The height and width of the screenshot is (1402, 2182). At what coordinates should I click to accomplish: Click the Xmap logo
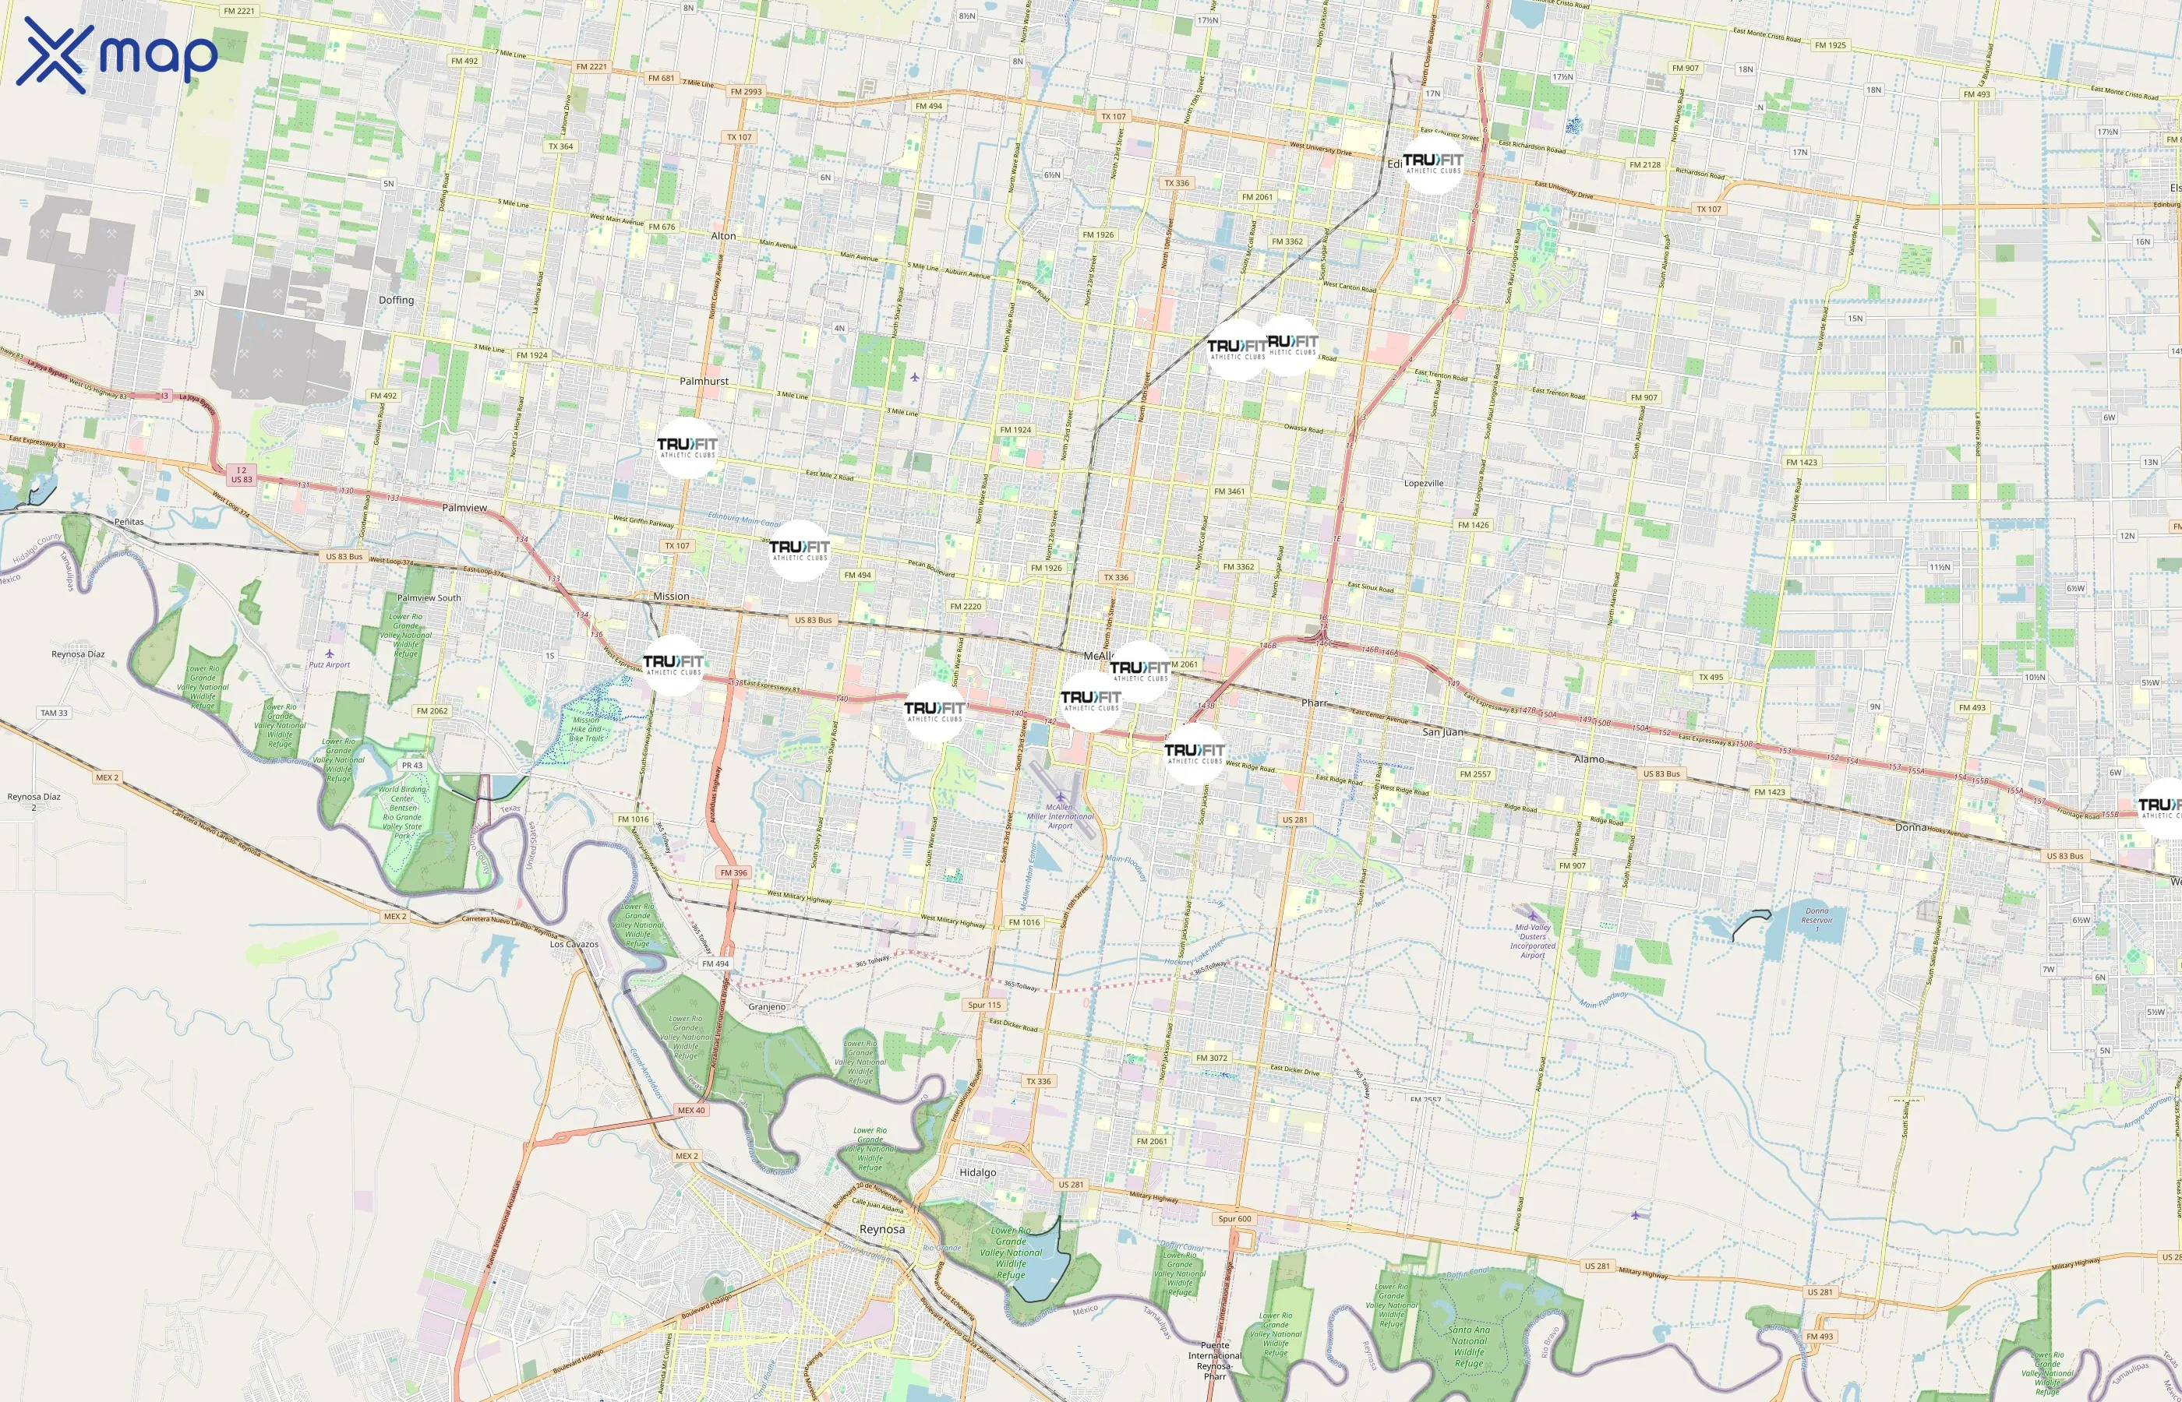(x=117, y=55)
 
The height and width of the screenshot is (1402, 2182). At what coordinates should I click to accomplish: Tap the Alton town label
(x=723, y=236)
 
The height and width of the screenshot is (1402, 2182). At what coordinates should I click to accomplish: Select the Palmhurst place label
(x=704, y=382)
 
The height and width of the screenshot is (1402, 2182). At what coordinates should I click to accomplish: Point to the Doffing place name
(x=396, y=301)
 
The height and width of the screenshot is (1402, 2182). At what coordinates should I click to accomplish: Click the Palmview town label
(x=464, y=508)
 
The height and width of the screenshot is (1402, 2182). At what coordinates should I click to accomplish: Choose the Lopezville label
(x=1424, y=484)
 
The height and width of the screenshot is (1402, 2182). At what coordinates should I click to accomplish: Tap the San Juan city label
(x=1443, y=732)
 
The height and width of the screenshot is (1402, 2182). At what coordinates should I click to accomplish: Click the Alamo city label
(x=1589, y=759)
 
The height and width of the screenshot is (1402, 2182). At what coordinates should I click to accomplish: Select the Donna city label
(x=1911, y=827)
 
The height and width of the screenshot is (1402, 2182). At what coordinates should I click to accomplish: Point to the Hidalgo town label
(x=977, y=1172)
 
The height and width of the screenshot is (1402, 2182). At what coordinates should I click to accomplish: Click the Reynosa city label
(x=881, y=1229)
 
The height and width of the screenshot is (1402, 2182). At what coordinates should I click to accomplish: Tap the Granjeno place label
(x=767, y=1007)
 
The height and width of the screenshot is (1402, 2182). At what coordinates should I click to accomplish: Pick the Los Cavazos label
(x=574, y=944)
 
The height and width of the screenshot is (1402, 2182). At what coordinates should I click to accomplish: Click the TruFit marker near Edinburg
(x=1432, y=164)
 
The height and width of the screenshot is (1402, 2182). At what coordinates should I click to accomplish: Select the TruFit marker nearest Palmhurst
(x=687, y=448)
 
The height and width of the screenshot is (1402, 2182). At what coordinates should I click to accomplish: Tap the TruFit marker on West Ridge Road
(x=1194, y=754)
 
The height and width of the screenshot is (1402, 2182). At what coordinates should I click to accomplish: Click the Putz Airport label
(x=329, y=664)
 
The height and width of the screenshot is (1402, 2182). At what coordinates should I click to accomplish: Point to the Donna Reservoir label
(x=1817, y=915)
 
